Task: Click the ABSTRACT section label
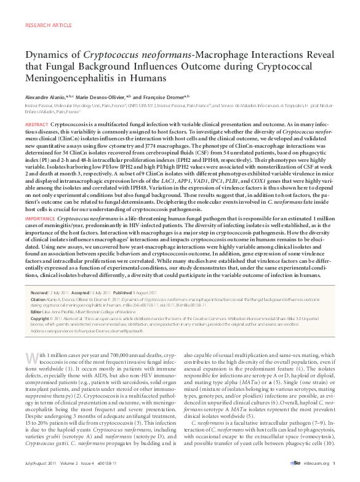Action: coord(36,124)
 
